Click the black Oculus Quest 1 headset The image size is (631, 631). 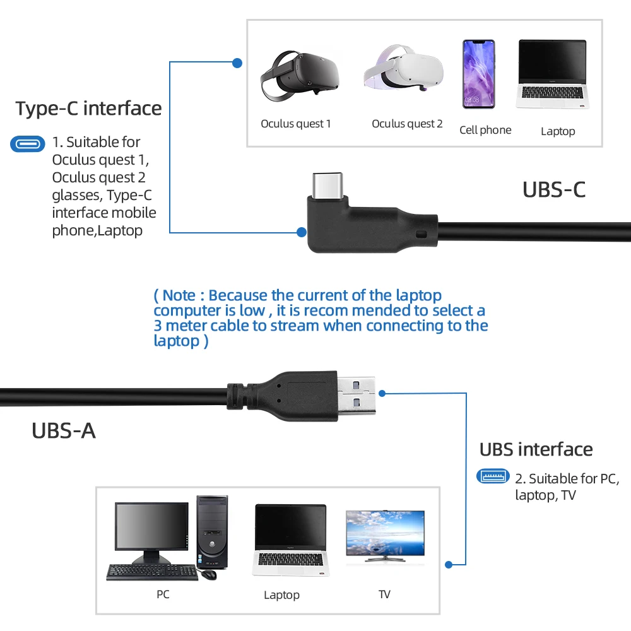[300, 75]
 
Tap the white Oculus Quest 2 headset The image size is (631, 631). [404, 68]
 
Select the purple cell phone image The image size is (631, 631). [478, 74]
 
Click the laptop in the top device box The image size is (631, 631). [553, 74]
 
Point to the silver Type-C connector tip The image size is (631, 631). [327, 185]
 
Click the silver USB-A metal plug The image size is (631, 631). [357, 396]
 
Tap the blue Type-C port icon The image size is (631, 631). [27, 144]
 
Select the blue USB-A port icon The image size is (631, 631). [493, 476]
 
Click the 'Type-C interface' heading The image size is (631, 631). [88, 109]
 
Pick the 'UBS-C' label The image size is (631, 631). [554, 189]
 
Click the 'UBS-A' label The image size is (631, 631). [64, 430]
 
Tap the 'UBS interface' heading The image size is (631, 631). [536, 449]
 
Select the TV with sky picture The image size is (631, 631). [385, 536]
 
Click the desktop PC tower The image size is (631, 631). [212, 532]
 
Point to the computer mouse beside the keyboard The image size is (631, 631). [208, 574]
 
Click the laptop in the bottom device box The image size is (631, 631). [290, 540]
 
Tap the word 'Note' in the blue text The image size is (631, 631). [179, 295]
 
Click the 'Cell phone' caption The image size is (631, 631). [485, 130]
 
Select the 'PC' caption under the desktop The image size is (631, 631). [163, 594]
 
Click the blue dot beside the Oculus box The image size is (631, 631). [237, 62]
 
